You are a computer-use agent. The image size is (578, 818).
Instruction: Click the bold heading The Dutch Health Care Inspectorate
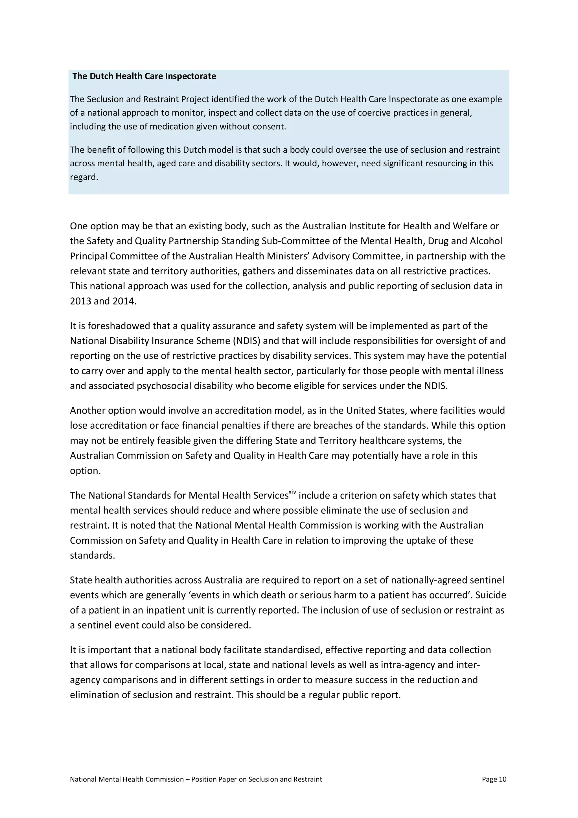coord(144,76)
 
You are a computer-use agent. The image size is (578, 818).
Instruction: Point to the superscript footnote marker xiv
coord(292,492)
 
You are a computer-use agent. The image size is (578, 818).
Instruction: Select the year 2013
coord(80,301)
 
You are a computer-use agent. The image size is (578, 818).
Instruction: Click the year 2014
coord(124,301)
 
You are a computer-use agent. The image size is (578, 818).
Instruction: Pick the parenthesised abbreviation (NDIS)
coord(247,341)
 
